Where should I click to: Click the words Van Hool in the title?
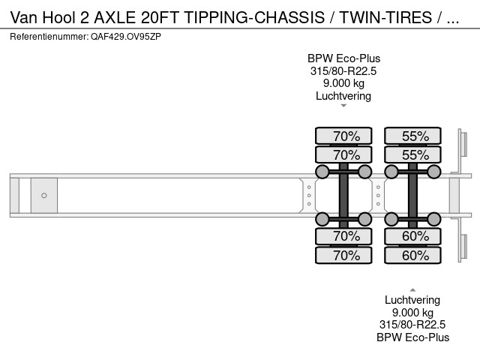tap(43, 17)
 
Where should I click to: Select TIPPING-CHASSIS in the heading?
tap(254, 17)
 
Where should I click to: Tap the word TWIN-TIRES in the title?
tap(385, 17)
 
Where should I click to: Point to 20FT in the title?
tap(160, 17)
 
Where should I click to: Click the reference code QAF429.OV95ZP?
tap(126, 37)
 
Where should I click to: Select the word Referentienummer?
tap(49, 37)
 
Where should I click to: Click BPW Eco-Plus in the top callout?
tap(343, 58)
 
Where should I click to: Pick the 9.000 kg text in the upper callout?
tap(343, 83)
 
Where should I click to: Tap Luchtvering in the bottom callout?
tap(412, 300)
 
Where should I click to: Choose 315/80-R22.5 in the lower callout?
tap(412, 325)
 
